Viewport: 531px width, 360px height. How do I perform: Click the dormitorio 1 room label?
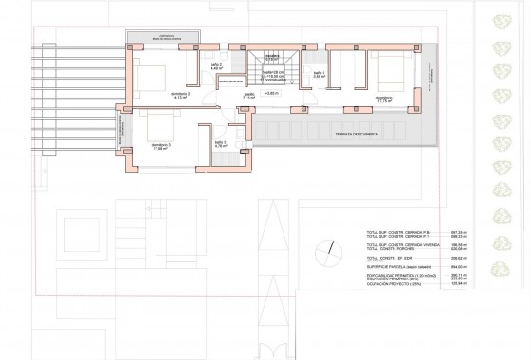point(385,98)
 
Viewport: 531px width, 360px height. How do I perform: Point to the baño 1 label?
point(320,73)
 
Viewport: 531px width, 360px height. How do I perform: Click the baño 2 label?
point(215,64)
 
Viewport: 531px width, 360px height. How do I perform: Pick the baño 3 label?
point(220,144)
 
